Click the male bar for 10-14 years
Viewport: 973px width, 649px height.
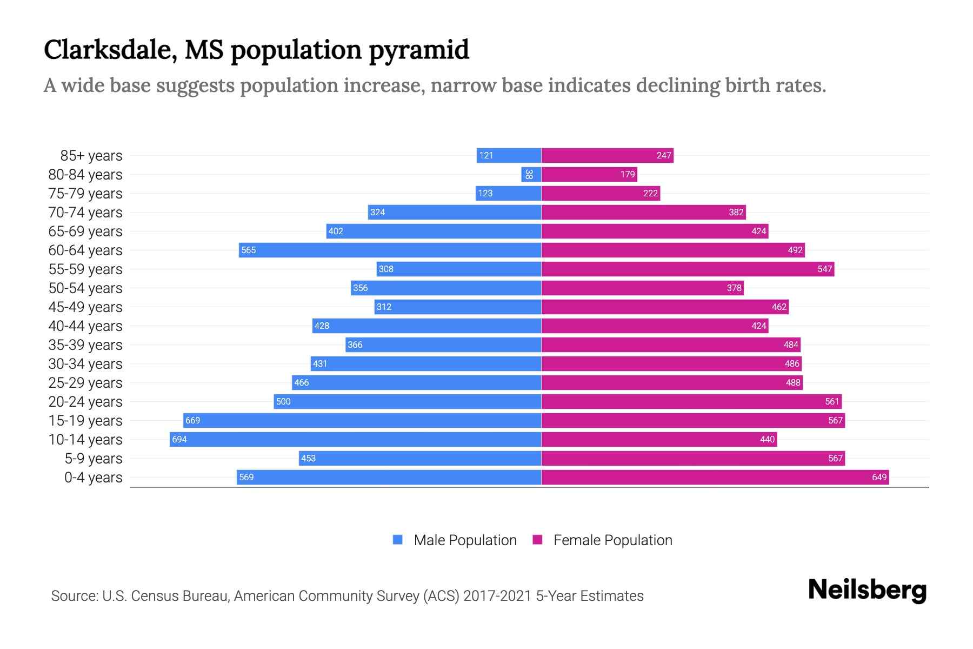point(355,439)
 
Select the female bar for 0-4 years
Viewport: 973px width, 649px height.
point(715,477)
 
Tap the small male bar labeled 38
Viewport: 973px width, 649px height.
point(531,174)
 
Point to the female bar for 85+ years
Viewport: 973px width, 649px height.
point(607,155)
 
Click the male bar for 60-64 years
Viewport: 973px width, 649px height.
point(390,250)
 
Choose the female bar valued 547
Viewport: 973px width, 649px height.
point(688,269)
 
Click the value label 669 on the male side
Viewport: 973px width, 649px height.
point(192,420)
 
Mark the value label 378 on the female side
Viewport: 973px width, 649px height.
point(734,288)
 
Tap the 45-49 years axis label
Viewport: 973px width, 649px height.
point(85,307)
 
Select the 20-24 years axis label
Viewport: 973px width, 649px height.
point(85,402)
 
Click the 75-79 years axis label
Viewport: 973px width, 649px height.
point(85,194)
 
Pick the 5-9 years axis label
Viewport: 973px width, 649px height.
point(94,459)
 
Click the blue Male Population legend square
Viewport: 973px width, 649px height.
point(398,540)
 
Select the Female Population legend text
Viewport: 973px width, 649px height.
point(612,540)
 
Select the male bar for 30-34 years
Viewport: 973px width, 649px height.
point(426,363)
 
